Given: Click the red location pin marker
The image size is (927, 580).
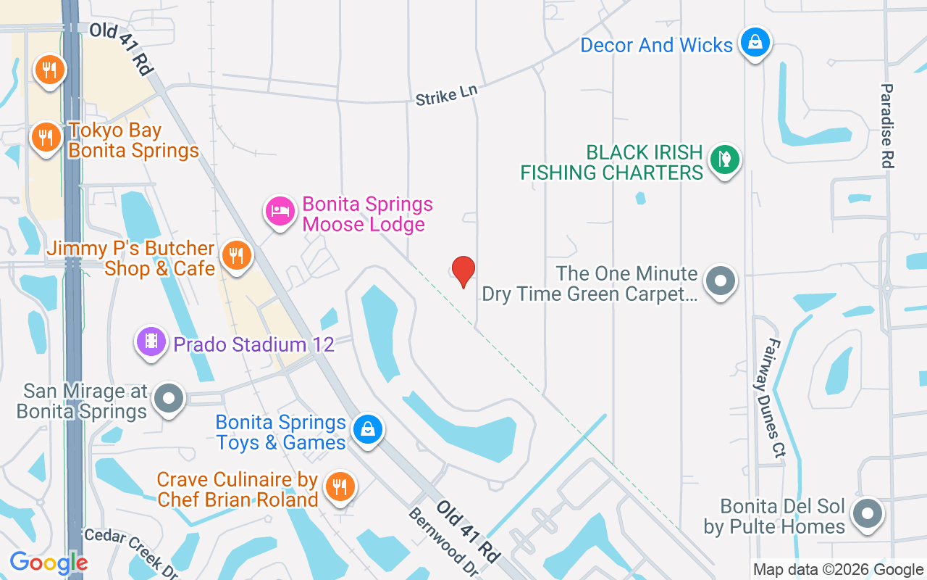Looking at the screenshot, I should tap(463, 271).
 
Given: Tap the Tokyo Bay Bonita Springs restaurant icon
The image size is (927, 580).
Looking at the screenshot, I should tap(46, 136).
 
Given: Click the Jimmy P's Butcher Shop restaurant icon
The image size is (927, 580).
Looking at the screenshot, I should tap(236, 255).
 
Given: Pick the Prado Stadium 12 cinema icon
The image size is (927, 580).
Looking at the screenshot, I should tap(151, 341).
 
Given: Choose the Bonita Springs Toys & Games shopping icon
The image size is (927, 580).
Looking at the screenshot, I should tap(368, 429).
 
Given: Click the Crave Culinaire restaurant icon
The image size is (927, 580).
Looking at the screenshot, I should tap(338, 486).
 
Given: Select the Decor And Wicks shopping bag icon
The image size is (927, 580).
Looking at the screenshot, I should tap(755, 42).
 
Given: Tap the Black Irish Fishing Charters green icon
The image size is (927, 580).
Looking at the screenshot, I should tap(723, 158).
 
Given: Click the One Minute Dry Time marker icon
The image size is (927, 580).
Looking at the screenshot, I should tap(720, 280).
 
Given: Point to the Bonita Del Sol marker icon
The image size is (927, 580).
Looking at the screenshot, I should tap(866, 514).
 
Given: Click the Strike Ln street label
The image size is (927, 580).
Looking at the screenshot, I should tap(447, 96).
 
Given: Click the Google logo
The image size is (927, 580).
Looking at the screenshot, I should tap(49, 563).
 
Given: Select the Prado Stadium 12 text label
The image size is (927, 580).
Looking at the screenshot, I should tap(253, 344).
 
